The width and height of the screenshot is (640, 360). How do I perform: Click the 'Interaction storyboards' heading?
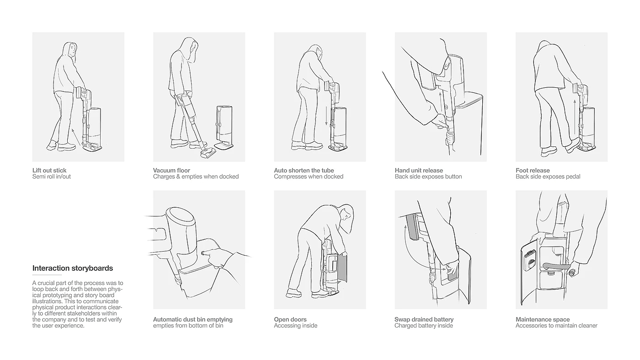click(73, 268)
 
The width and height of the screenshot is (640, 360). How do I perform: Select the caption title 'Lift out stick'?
click(49, 171)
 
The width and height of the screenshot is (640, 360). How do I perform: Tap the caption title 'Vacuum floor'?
click(171, 171)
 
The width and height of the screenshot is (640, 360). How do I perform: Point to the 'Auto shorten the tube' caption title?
click(304, 171)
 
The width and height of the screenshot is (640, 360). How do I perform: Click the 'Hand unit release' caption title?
click(419, 171)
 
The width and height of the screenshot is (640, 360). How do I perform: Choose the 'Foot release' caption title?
click(533, 171)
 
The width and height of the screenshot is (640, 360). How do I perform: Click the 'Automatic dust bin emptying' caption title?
click(192, 319)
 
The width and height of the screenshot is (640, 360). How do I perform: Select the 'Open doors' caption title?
click(290, 319)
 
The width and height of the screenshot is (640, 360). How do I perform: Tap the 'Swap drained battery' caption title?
click(424, 319)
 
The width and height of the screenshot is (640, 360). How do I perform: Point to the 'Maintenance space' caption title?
click(543, 319)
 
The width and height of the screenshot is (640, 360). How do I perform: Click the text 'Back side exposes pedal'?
click(548, 177)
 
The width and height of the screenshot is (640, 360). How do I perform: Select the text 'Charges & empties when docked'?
click(196, 177)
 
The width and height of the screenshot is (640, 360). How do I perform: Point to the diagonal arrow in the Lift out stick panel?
click(76, 137)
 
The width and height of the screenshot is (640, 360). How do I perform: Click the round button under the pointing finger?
click(203, 253)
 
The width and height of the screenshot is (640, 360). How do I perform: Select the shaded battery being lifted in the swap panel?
click(414, 227)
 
